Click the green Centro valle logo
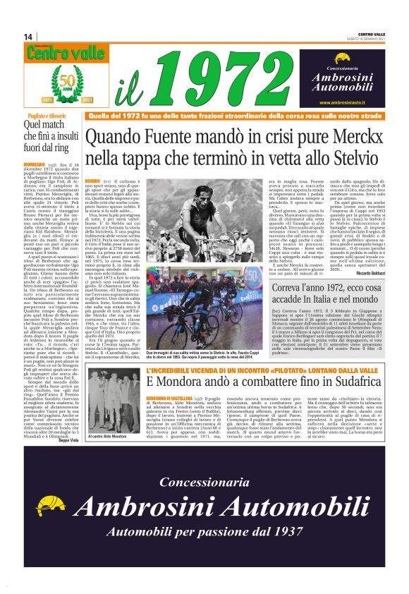pyautogui.click(x=56, y=52)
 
